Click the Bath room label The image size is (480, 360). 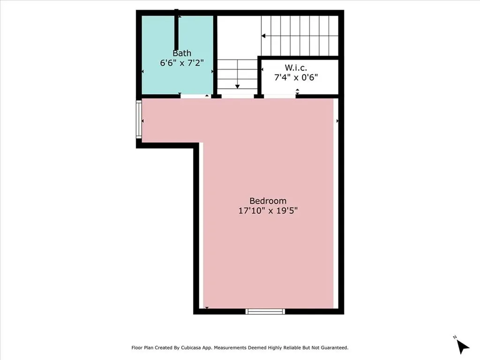(182, 53)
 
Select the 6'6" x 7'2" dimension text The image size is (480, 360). (182, 63)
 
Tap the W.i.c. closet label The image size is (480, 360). (296, 68)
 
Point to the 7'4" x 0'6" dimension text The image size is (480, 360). (296, 77)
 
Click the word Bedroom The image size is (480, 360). (268, 201)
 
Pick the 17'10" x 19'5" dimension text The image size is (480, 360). (268, 210)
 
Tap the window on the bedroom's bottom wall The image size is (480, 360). (265, 311)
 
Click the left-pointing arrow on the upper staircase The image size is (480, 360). (263, 35)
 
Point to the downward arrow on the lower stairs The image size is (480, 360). (238, 86)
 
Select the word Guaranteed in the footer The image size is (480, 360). (332, 348)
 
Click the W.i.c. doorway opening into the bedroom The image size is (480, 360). (279, 96)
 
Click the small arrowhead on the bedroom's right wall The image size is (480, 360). (337, 121)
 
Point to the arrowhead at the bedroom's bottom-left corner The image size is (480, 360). (207, 307)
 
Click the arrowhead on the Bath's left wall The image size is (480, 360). (143, 72)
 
